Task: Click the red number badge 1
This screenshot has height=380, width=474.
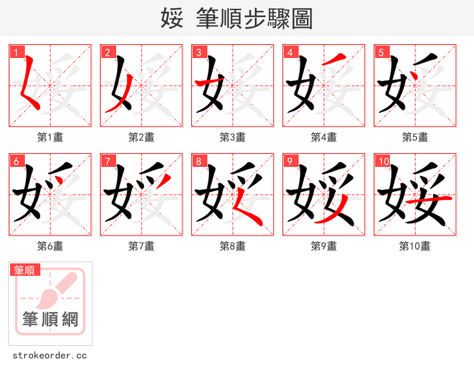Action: (x=15, y=52)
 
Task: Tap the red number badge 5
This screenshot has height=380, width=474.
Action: (x=380, y=52)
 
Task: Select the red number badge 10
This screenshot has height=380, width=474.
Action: (x=382, y=161)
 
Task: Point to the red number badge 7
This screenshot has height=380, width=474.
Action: (x=107, y=161)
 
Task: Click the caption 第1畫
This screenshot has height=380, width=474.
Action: (x=50, y=137)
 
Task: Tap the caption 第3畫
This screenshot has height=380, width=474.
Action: (x=232, y=137)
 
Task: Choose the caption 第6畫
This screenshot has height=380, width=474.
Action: (x=50, y=246)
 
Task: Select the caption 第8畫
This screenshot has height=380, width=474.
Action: (x=232, y=246)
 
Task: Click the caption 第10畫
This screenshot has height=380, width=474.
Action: (x=415, y=246)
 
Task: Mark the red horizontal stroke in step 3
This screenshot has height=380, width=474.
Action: (x=207, y=82)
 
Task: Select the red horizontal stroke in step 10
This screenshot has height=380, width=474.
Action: (x=437, y=201)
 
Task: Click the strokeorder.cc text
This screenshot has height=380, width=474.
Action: (x=50, y=356)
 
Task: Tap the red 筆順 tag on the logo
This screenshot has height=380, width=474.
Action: (x=25, y=270)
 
